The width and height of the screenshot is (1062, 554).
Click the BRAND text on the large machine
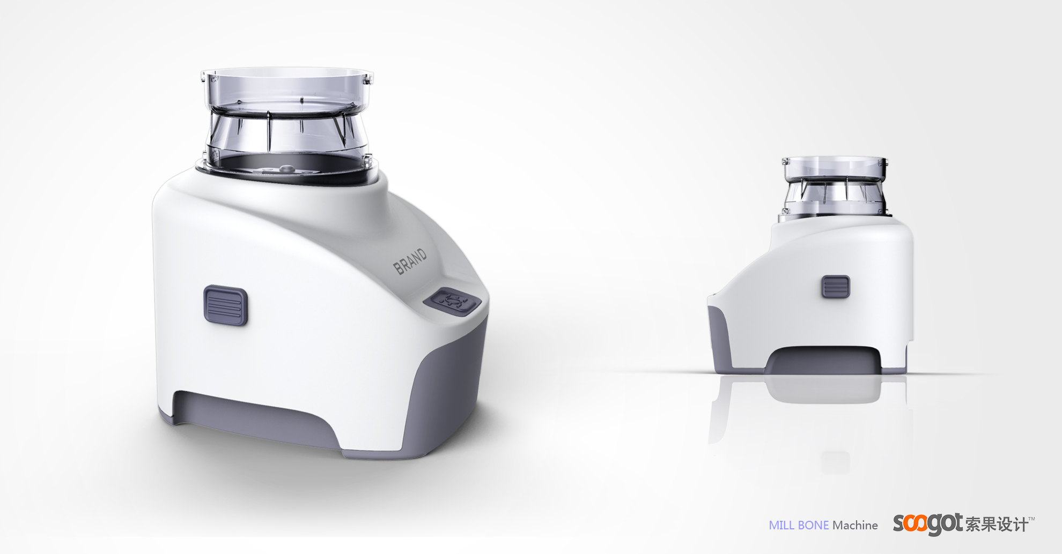point(410,261)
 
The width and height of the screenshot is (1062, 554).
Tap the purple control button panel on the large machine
point(452,301)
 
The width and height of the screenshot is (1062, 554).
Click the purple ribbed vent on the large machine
point(225,305)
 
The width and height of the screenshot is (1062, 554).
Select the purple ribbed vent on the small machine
point(836,287)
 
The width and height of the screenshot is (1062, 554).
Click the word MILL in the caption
point(782,526)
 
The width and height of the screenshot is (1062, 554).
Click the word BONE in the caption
point(813,526)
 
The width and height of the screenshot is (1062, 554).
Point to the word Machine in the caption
point(855,526)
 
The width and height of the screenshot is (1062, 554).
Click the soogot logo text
point(927,523)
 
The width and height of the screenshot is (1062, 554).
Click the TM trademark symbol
point(1031,519)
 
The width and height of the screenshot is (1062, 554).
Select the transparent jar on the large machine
point(287,118)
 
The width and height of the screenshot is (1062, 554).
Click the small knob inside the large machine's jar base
point(287,168)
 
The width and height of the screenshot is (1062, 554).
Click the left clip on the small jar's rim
point(785,161)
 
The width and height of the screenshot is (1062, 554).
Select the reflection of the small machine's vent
point(835,462)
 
